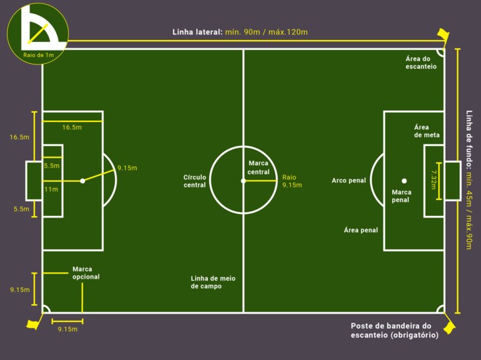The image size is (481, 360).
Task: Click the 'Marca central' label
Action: [258, 168]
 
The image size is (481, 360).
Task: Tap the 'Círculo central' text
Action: [195, 181]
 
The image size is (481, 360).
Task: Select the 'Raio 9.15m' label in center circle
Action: [291, 181]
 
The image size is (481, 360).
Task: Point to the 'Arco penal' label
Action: [349, 180]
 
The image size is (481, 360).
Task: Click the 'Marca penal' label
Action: [402, 196]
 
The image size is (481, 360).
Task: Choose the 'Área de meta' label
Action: [426, 131]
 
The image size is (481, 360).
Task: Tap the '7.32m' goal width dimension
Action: [433, 181]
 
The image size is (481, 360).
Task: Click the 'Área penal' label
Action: [361, 230]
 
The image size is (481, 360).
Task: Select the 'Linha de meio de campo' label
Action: [213, 282]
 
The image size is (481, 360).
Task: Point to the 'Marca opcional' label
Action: [86, 273]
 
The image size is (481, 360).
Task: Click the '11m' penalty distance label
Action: [51, 189]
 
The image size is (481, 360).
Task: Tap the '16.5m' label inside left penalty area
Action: [72, 127]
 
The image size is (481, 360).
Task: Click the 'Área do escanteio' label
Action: [421, 62]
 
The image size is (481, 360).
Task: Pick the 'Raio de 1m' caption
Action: [38, 54]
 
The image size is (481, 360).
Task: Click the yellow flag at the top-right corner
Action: [442, 34]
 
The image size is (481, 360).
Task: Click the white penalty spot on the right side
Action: [404, 181]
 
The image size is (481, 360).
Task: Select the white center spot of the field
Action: [244, 181]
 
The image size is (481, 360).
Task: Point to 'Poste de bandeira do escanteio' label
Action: [395, 331]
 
